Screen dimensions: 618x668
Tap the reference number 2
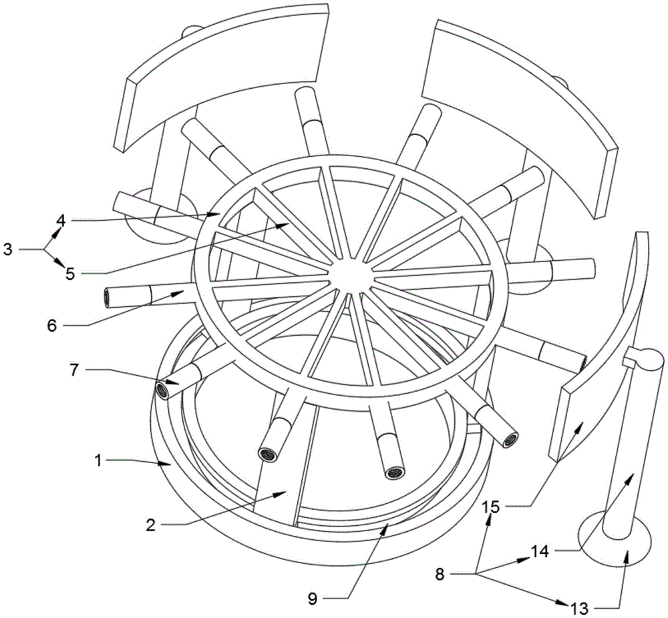(152, 525)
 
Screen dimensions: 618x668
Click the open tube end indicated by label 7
(162, 390)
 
